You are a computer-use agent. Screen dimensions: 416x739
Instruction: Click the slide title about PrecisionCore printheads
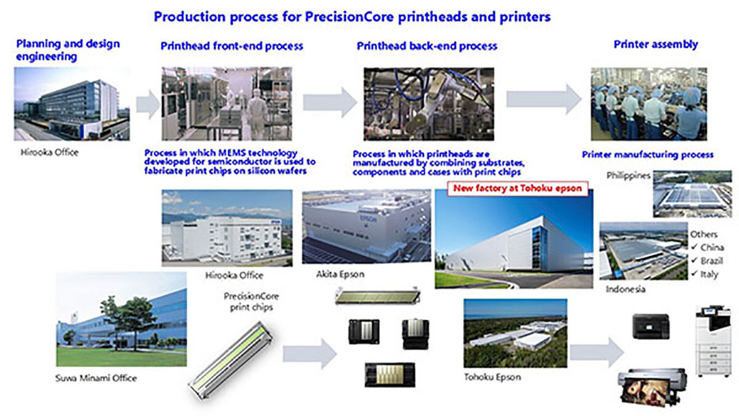352,17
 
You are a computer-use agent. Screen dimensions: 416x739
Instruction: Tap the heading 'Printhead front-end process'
232,46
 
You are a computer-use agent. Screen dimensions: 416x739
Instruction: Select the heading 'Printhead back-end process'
427,46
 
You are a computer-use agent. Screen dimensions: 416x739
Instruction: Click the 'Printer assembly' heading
655,44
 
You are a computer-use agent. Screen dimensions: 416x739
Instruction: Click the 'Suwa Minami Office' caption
96,378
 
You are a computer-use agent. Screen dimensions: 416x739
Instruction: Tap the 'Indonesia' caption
626,289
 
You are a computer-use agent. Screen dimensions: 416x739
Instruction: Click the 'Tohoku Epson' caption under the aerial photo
492,377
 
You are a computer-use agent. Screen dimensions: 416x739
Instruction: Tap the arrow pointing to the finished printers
596,352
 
